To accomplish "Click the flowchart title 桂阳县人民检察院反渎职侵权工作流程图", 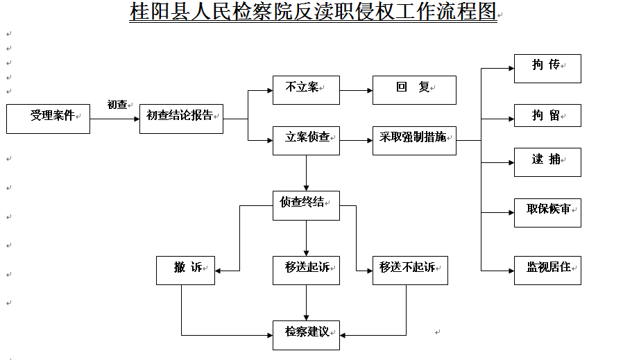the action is pos(313,11).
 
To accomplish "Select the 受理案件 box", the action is pos(48,119).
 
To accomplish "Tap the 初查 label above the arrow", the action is pos(117,105).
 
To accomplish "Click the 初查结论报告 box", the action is pos(181,119).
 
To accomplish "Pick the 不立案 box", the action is pos(306,90).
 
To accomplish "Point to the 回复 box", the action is pos(414,90).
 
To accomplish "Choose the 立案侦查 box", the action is pos(306,141).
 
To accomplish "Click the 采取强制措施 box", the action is pos(414,141).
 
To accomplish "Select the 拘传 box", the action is pos(547,69).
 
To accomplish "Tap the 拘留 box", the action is pos(547,116).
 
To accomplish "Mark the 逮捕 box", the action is pos(547,162).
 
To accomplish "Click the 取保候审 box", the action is pos(547,212).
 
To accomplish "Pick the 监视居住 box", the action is pos(547,271).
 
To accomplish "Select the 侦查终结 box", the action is pos(306,205).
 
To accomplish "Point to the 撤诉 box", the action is pos(185,271).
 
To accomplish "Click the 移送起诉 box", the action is pos(306,271).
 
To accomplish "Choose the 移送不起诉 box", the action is pos(410,271).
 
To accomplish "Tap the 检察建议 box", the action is pos(306,335).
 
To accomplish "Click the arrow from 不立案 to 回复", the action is pos(356,90).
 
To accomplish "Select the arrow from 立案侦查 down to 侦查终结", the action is pos(306,173).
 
